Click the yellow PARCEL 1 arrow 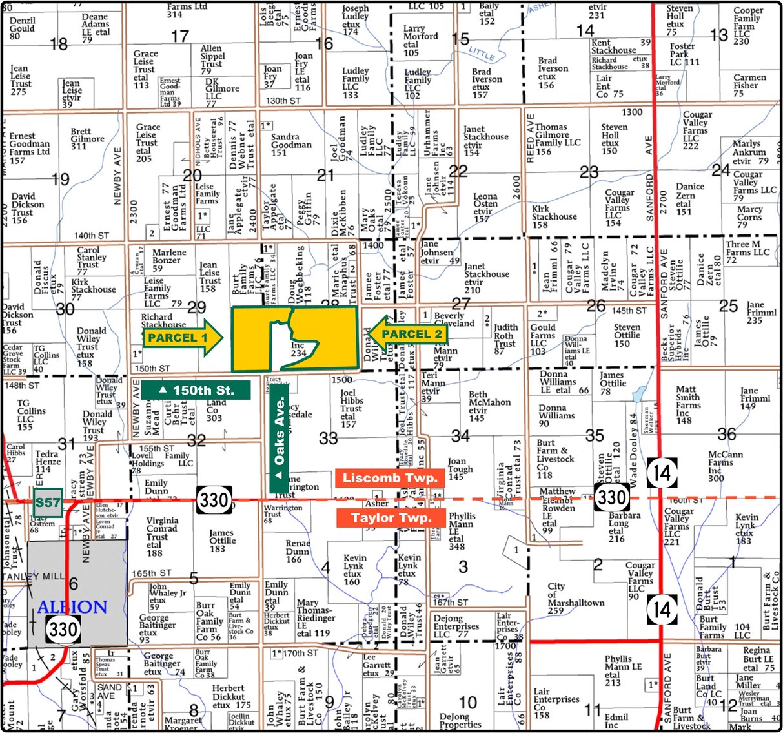183,338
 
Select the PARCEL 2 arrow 407,334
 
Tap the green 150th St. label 196,390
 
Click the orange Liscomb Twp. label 390,479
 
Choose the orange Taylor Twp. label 391,518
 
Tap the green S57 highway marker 48,503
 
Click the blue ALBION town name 72,607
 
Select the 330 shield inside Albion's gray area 63,628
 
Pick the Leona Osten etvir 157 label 485,207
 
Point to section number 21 325,175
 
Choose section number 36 726,434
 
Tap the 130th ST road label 283,101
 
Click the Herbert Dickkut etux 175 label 229,697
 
